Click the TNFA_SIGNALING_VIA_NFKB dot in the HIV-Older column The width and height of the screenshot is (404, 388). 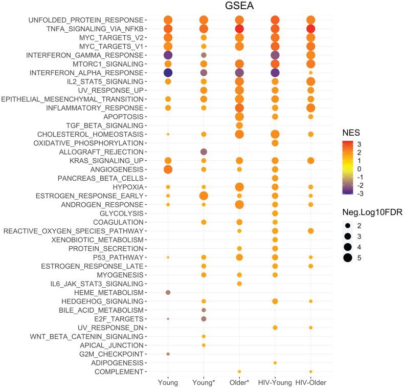pyautogui.click(x=310, y=29)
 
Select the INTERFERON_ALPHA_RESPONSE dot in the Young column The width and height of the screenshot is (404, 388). pyautogui.click(x=168, y=73)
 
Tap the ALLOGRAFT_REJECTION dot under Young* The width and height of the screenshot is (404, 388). pyautogui.click(x=204, y=152)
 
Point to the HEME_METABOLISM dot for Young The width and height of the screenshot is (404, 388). pyautogui.click(x=168, y=292)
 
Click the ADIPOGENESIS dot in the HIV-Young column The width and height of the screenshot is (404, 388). pyautogui.click(x=275, y=362)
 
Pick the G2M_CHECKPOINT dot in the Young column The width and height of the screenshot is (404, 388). pyautogui.click(x=168, y=354)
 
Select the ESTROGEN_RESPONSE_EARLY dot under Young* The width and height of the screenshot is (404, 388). pyautogui.click(x=204, y=196)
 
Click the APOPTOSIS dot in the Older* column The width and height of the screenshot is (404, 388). pyautogui.click(x=239, y=117)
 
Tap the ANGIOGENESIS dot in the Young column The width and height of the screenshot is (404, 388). pyautogui.click(x=168, y=169)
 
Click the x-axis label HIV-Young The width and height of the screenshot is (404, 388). pyautogui.click(x=275, y=382)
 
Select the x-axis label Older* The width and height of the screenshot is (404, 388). pyautogui.click(x=239, y=382)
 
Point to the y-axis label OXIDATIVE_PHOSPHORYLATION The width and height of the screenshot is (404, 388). pyautogui.click(x=83, y=143)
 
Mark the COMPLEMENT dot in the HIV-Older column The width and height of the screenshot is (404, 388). pyautogui.click(x=310, y=371)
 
